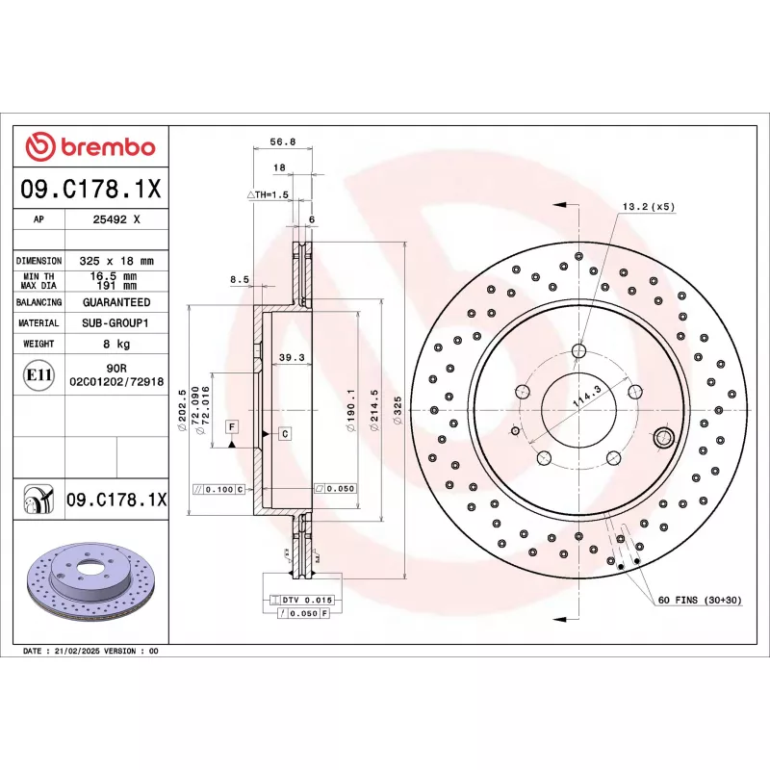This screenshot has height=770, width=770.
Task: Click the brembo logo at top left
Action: [x=90, y=146]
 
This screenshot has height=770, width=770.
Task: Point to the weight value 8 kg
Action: [x=116, y=344]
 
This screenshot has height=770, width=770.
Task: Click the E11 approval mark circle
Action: [x=38, y=373]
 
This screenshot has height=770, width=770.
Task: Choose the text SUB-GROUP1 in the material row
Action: [x=117, y=323]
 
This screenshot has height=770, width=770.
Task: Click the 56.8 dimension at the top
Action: [x=282, y=141]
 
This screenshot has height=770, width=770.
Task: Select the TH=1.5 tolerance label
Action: [x=269, y=194]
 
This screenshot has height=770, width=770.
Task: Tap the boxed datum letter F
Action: [x=232, y=425]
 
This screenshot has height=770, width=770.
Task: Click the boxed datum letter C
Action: [x=285, y=434]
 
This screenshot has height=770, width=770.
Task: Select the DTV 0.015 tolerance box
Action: [x=305, y=600]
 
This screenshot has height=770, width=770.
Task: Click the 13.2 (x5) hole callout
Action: [x=649, y=206]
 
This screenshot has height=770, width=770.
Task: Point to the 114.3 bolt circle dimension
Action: [x=586, y=396]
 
